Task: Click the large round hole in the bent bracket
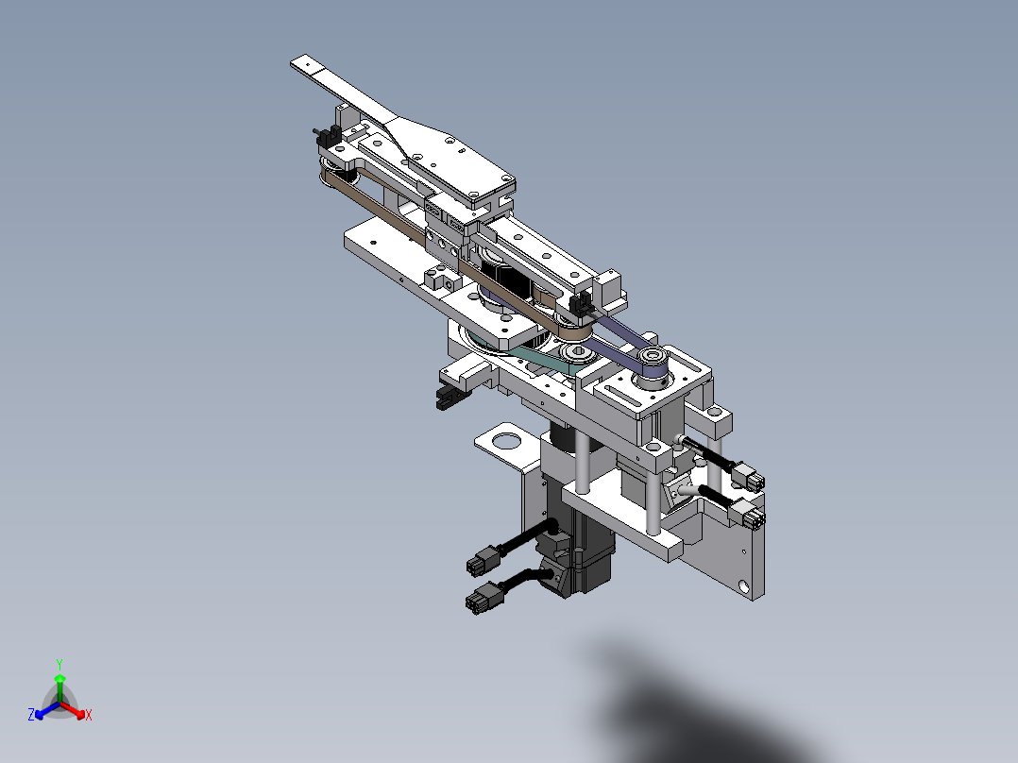[x=507, y=439]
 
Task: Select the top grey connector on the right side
[x=751, y=481]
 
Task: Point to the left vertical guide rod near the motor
[x=583, y=463]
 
